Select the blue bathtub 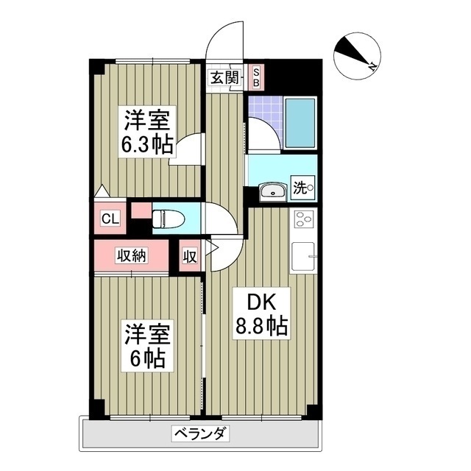[300, 121]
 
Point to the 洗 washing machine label [302, 188]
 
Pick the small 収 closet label [189, 256]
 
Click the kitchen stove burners [303, 219]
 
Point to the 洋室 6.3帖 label [147, 132]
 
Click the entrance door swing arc [225, 38]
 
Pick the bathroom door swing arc [262, 133]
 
